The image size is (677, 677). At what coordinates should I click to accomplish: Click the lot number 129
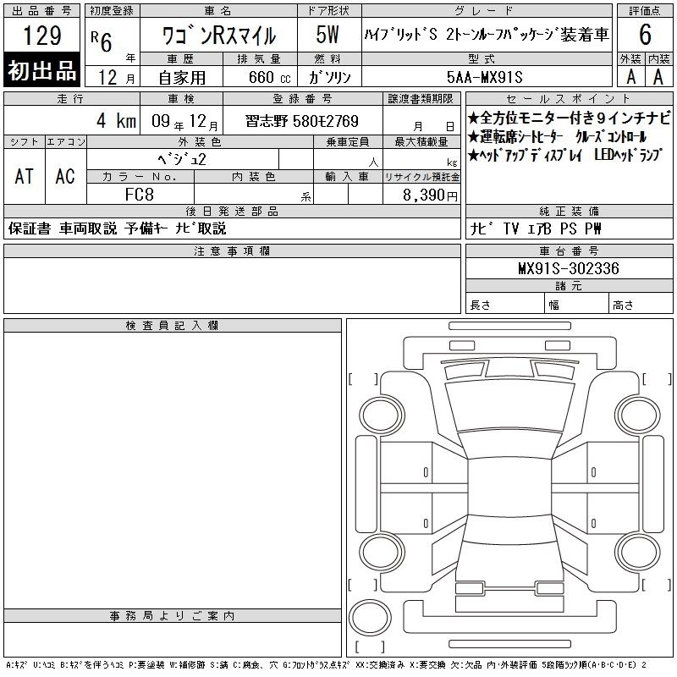[x=41, y=35]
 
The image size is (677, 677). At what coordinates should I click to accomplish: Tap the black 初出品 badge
[x=41, y=70]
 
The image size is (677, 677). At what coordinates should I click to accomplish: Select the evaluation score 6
[x=645, y=35]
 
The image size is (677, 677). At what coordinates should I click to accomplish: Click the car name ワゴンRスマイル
[x=218, y=36]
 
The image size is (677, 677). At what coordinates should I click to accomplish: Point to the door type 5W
[x=327, y=35]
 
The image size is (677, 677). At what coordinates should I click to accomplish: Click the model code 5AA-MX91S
[x=485, y=77]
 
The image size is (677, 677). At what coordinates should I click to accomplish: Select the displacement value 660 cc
[x=269, y=77]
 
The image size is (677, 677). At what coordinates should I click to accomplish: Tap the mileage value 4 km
[x=116, y=120]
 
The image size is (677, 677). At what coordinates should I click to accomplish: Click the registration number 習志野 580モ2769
[x=302, y=121]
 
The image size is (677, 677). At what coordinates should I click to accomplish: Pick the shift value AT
[x=25, y=176]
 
